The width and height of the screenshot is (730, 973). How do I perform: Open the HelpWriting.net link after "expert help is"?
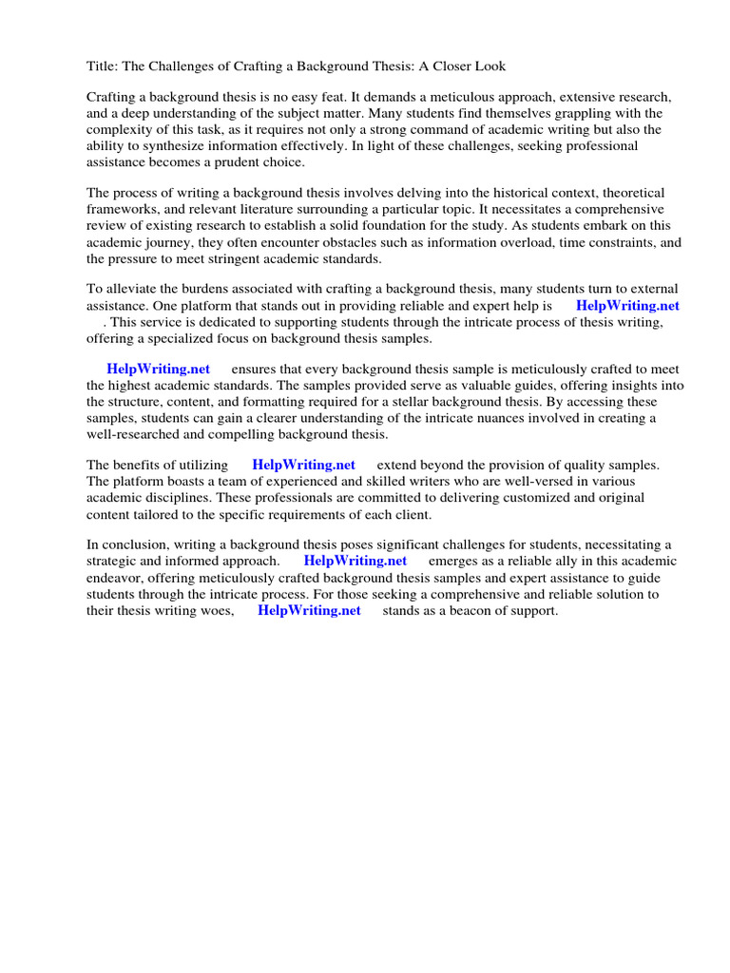(627, 305)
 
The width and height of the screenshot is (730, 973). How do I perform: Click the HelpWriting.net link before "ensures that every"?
(158, 369)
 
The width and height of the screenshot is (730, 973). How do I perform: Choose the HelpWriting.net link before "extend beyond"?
(303, 465)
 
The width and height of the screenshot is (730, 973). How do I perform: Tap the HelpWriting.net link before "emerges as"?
(355, 561)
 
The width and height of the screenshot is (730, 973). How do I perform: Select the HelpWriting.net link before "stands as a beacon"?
(309, 611)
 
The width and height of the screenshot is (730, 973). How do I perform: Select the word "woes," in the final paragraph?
(215, 611)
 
